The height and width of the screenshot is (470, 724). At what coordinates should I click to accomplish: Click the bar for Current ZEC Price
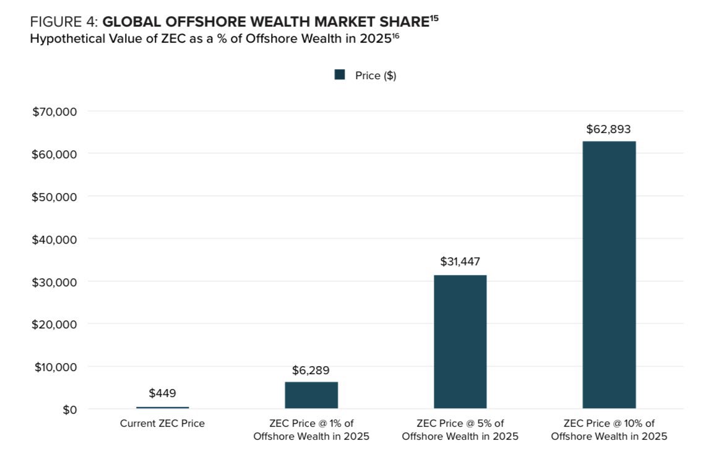tap(163, 408)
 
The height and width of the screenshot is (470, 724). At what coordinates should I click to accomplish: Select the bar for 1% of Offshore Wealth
tap(311, 395)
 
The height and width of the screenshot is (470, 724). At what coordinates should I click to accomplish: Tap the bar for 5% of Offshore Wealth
tap(460, 342)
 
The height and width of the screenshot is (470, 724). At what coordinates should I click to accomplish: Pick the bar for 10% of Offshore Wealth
tap(609, 275)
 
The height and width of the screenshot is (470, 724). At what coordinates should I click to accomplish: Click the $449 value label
tap(163, 393)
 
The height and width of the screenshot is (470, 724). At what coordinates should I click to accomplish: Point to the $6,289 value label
tap(311, 370)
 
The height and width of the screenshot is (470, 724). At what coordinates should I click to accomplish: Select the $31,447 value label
tap(460, 262)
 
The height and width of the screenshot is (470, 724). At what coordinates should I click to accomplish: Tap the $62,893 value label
tap(608, 129)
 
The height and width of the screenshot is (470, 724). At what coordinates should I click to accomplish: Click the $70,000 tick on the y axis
tap(54, 111)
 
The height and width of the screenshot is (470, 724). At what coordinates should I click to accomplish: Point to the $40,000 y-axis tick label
tap(54, 239)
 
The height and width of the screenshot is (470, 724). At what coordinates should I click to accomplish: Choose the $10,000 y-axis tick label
tap(56, 367)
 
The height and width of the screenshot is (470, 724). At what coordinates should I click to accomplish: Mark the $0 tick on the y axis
tap(70, 409)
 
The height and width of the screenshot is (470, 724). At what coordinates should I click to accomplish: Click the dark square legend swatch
tap(340, 75)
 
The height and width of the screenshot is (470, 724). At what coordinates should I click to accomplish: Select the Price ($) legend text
tap(376, 75)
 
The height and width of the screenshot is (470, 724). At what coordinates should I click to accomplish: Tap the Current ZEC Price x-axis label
tap(162, 424)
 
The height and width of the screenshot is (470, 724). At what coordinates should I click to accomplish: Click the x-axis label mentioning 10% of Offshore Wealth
tap(609, 430)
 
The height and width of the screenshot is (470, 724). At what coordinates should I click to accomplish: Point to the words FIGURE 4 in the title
tap(64, 22)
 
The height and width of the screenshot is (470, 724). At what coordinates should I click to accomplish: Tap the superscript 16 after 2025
tap(395, 35)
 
